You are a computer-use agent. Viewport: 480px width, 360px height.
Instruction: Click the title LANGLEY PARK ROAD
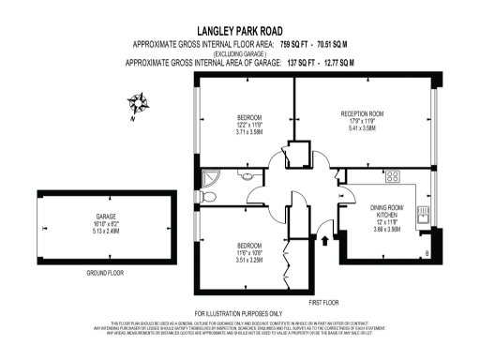tap(241, 30)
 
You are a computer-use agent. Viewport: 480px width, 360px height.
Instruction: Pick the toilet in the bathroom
tap(209, 197)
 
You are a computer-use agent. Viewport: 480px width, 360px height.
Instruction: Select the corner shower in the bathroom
tap(209, 175)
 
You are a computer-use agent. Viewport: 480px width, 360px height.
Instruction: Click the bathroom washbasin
tap(248, 175)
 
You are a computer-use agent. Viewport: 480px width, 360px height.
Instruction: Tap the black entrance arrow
tap(324, 242)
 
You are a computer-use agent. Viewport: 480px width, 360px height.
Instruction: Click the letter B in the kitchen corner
tap(427, 254)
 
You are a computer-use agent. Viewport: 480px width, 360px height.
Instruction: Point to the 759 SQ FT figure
tap(281, 44)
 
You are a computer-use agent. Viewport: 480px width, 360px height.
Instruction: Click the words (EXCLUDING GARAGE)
tap(240, 53)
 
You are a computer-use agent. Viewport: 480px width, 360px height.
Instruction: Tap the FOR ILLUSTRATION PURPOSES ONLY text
tap(238, 313)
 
